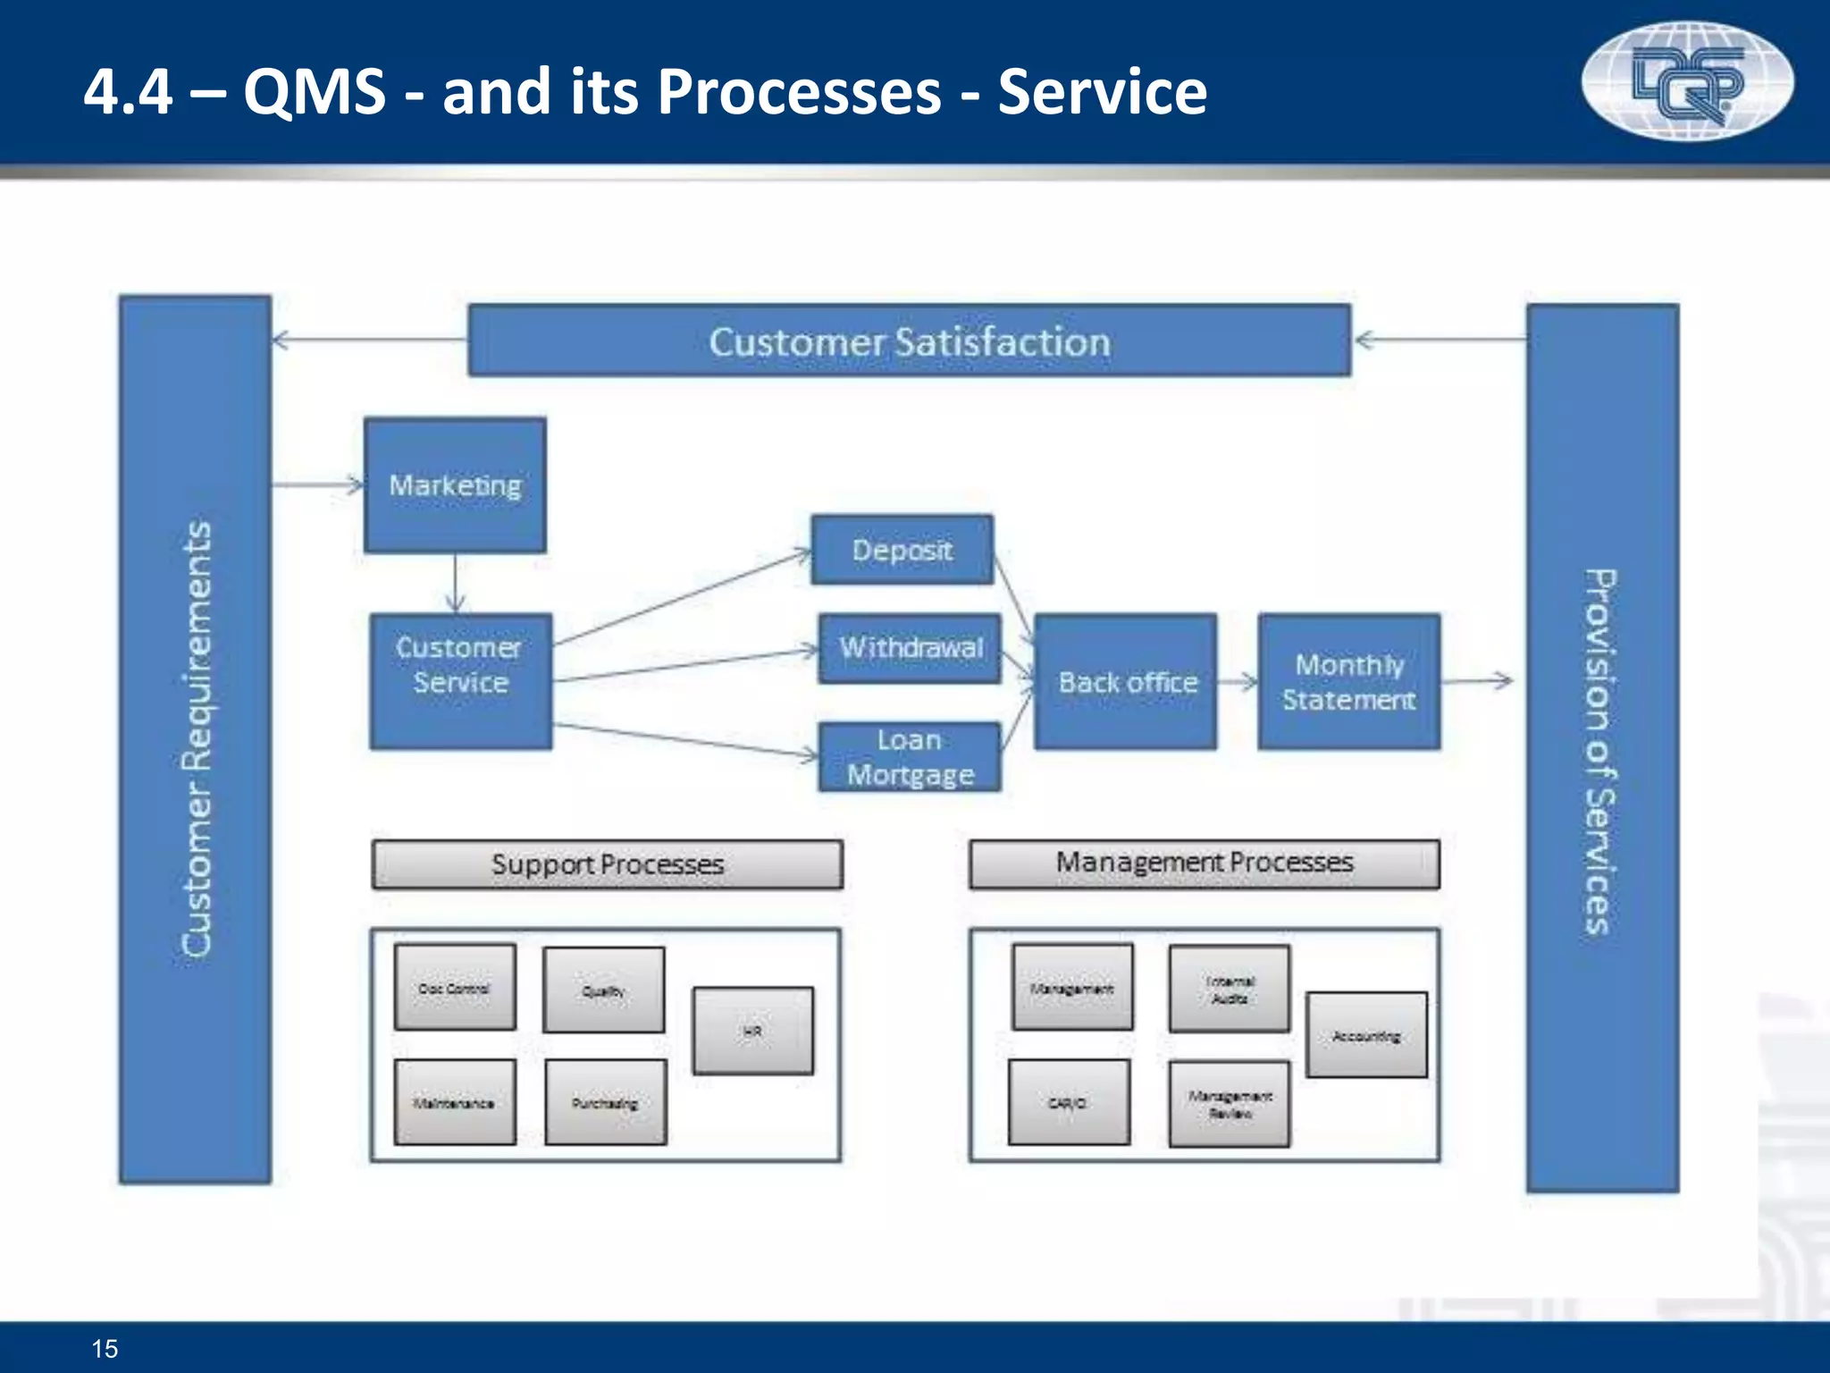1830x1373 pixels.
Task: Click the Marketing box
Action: [x=455, y=484]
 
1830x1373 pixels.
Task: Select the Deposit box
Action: [x=902, y=550]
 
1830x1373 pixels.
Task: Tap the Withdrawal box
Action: [x=910, y=648]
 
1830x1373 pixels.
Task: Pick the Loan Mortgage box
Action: [x=910, y=756]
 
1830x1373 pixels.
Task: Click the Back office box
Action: [x=1126, y=682]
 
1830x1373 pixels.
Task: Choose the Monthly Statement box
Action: [x=1349, y=682]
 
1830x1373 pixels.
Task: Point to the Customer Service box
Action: [x=460, y=681]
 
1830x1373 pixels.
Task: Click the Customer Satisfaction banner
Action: [x=909, y=341]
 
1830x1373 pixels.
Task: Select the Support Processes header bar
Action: [x=607, y=864]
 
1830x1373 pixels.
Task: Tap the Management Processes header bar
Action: [x=1204, y=863]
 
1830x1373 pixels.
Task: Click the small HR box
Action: [x=752, y=1031]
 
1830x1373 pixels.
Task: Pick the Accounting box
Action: [x=1365, y=1035]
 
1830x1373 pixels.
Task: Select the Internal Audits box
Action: [x=1230, y=989]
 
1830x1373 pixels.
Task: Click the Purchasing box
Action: [x=605, y=1102]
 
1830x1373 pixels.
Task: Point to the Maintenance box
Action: [x=455, y=1102]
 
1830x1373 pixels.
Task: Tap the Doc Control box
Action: [x=455, y=988]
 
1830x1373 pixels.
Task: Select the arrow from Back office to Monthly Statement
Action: [x=1238, y=682]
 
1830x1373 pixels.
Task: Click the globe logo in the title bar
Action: [x=1687, y=80]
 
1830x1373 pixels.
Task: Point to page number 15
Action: [x=105, y=1348]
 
